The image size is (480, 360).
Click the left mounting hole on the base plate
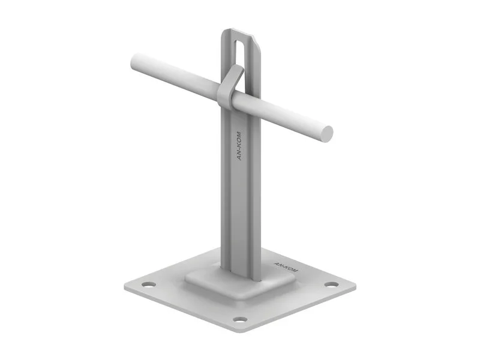(x=148, y=284)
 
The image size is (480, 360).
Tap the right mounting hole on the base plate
(x=332, y=284)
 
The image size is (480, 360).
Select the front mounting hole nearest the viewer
(x=240, y=320)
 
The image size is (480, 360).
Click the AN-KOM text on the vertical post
(x=239, y=146)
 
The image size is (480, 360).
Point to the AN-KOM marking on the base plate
(x=286, y=267)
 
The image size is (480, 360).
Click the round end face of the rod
(x=326, y=134)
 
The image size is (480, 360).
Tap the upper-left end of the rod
(x=134, y=61)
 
